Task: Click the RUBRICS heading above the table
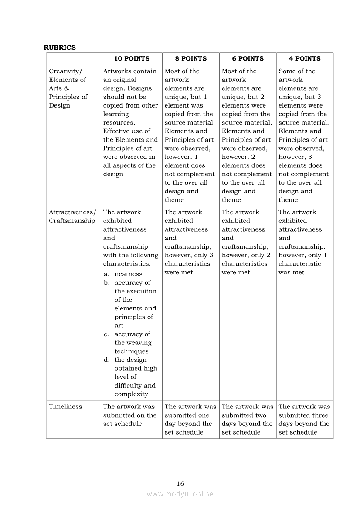[60, 47]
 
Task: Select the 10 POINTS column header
[132, 58]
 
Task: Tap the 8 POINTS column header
[191, 58]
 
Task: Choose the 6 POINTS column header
[248, 58]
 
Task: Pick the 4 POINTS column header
[305, 58]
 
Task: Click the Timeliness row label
[65, 407]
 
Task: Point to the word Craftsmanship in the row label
[72, 221]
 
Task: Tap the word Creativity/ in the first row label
[65, 71]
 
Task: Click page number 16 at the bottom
[180, 483]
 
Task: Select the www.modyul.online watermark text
[180, 494]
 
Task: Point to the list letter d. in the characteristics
[107, 360]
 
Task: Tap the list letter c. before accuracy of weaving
[106, 334]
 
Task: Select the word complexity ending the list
[131, 394]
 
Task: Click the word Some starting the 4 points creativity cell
[287, 71]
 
